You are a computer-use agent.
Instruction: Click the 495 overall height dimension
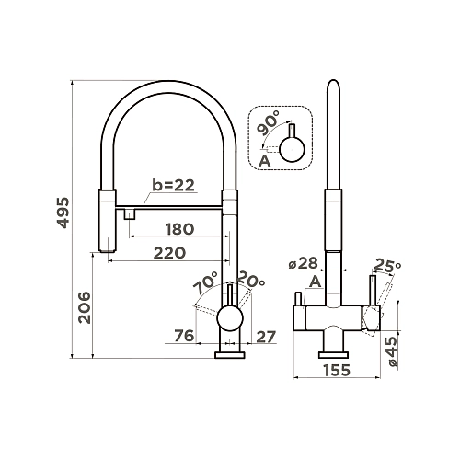click(x=63, y=213)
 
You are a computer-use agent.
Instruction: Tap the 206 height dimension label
click(x=85, y=307)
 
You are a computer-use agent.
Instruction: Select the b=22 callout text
click(x=174, y=185)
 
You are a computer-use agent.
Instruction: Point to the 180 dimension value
click(x=179, y=229)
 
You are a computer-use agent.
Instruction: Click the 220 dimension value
click(x=169, y=253)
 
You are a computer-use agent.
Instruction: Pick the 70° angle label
click(x=205, y=282)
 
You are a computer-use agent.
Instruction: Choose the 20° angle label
click(x=251, y=279)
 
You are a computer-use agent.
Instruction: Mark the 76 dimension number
click(x=184, y=336)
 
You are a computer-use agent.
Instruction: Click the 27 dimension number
click(x=266, y=337)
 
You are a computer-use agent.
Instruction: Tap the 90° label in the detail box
click(x=269, y=123)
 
